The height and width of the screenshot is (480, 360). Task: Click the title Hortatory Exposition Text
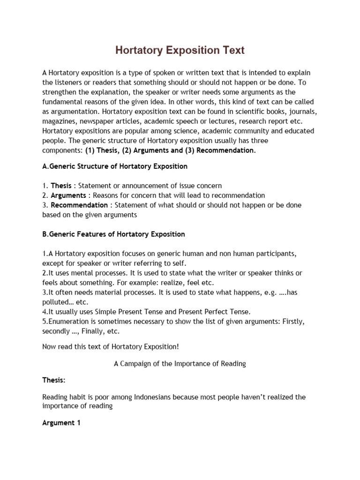pos(180,50)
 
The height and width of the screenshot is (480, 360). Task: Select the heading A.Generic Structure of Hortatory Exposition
pos(115,166)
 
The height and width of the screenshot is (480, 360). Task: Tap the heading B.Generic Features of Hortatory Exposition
pos(113,234)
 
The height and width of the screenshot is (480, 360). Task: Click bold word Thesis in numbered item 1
pos(61,186)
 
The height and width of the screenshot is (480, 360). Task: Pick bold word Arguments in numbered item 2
pos(68,195)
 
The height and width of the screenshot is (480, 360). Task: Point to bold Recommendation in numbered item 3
pos(79,205)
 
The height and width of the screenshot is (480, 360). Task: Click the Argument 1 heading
pos(61,423)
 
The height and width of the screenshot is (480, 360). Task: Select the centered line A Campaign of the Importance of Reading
pos(180,364)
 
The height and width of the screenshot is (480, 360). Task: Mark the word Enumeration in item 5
pos(66,322)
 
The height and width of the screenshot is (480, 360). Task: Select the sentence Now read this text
pos(110,346)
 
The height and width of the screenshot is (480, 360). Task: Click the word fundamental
pos(63,102)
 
